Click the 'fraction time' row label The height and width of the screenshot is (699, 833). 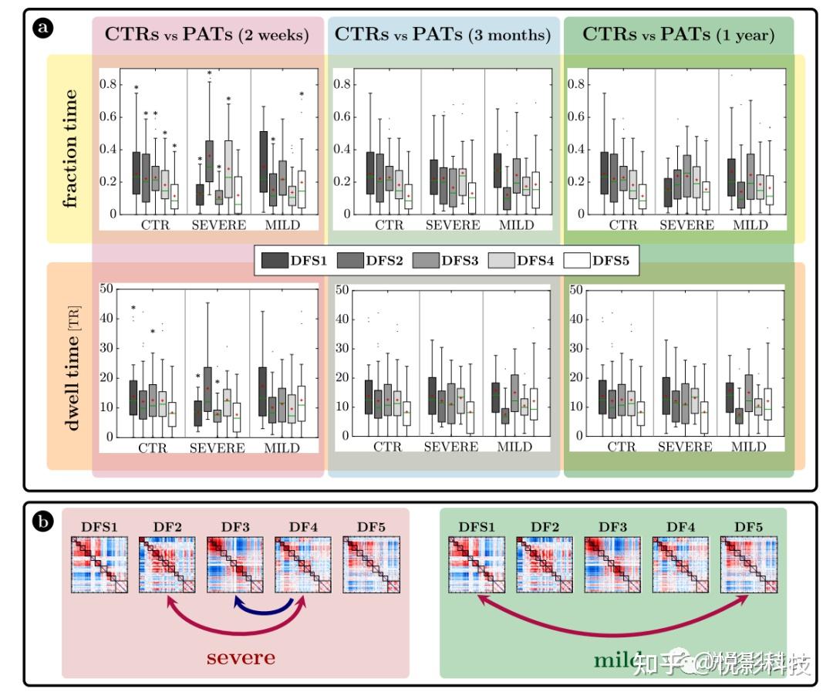coord(70,149)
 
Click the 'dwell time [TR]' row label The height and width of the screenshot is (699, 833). coord(70,365)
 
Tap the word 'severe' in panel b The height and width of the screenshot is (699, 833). coord(240,658)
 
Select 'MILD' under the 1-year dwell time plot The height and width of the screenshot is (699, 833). coord(747,447)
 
